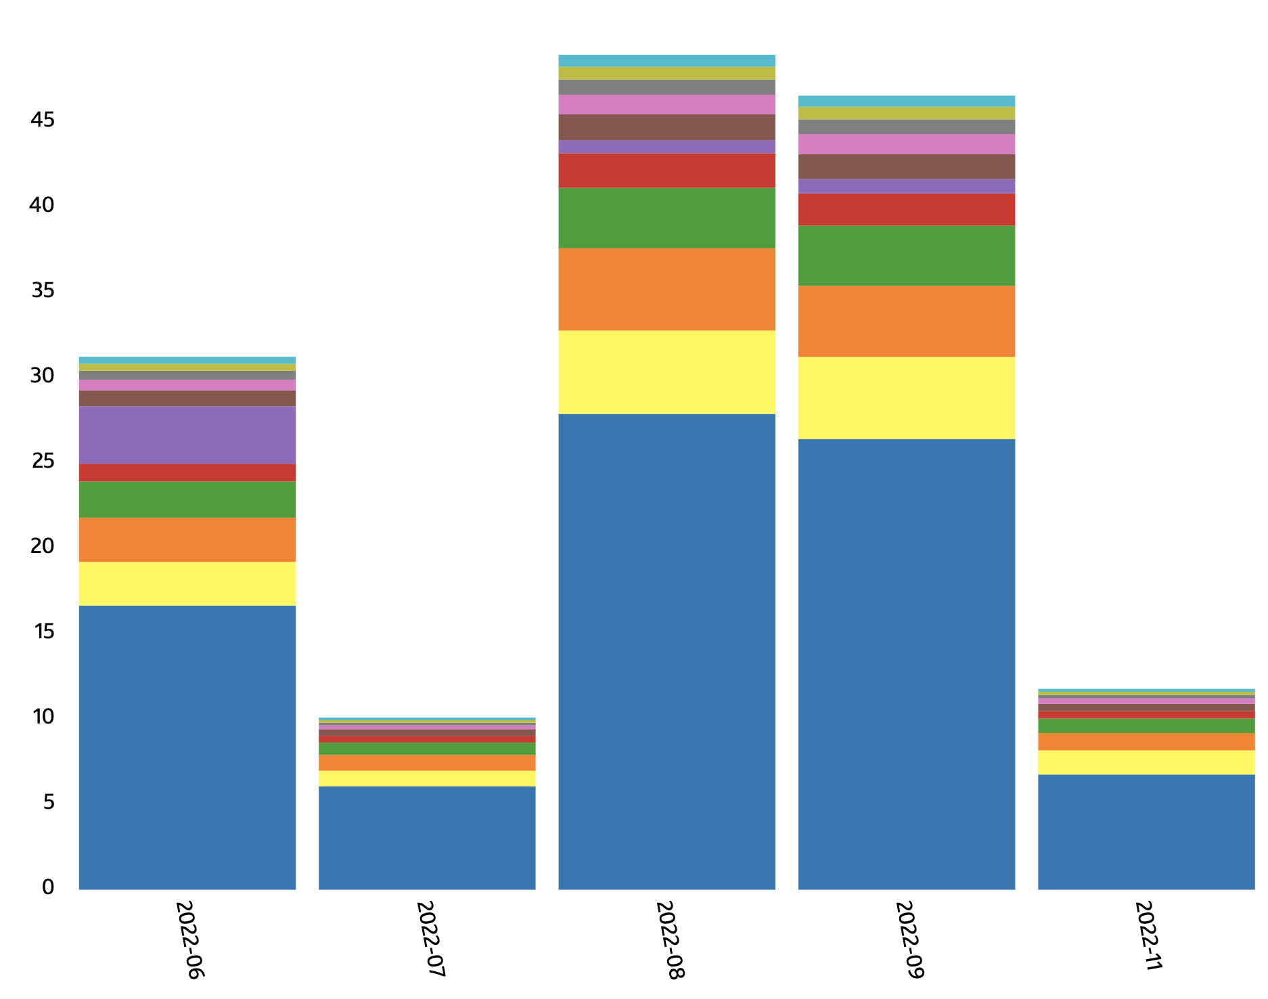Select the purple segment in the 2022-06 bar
coord(187,435)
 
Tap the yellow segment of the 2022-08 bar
coord(666,372)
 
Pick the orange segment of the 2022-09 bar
coord(906,321)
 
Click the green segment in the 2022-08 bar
coord(666,218)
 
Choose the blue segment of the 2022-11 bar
coord(1146,832)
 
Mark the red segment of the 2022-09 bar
coord(906,209)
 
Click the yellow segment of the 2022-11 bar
coord(1146,762)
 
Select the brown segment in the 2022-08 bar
coord(666,127)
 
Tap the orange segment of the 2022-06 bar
coord(187,539)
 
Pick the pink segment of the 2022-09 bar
coord(906,144)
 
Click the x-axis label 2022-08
coord(671,939)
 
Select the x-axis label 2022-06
coord(190,939)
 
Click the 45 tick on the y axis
coord(42,120)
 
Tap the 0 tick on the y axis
coord(47,887)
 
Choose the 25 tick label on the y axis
coord(42,462)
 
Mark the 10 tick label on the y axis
coord(42,717)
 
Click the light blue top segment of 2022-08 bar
coord(666,60)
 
